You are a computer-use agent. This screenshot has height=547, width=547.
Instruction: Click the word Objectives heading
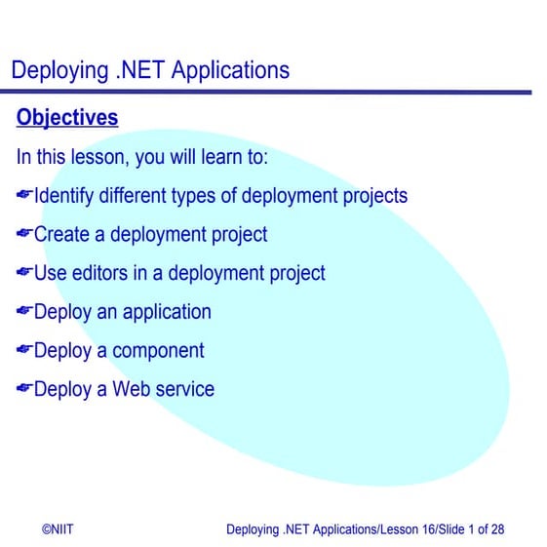(x=67, y=118)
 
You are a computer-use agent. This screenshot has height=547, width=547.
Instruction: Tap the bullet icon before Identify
(x=24, y=196)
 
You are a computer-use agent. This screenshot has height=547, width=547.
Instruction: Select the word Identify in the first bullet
(x=63, y=196)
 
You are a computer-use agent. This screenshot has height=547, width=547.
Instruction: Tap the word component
(x=158, y=351)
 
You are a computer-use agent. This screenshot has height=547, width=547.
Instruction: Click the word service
(x=185, y=390)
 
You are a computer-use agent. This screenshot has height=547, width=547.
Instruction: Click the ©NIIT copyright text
(x=58, y=529)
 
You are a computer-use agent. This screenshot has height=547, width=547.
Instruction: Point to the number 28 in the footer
(x=497, y=529)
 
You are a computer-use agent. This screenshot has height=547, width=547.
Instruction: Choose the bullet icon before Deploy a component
(x=24, y=351)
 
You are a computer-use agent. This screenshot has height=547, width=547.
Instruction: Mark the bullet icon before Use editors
(x=24, y=273)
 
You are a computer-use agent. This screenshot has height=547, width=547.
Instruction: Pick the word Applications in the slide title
(x=230, y=70)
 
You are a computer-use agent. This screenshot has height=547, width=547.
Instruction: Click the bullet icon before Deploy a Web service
(x=24, y=390)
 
